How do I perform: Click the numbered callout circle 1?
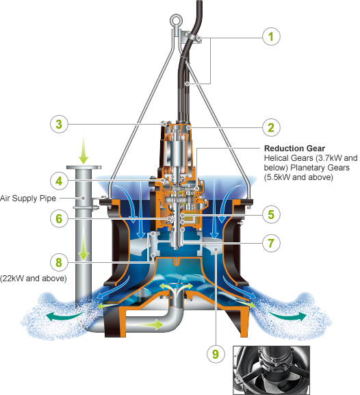tap(271, 36)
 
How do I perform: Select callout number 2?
tap(271, 127)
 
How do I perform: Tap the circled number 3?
tap(59, 124)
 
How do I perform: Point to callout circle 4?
tap(59, 181)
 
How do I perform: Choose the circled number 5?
tap(271, 215)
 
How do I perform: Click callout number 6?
tap(59, 218)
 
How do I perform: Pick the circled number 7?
tap(271, 243)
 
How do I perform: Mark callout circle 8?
tap(59, 262)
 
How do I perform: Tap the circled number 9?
tap(216, 354)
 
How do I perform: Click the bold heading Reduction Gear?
tap(294, 148)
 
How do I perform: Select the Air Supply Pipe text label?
tap(27, 199)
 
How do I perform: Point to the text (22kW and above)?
tap(34, 279)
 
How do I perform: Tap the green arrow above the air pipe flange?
tap(83, 149)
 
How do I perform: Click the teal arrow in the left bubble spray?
tap(66, 316)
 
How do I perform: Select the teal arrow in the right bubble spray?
tap(287, 316)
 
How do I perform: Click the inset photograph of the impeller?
tap(271, 370)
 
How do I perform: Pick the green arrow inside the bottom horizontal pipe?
tap(145, 324)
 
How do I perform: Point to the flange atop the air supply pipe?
tap(84, 167)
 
